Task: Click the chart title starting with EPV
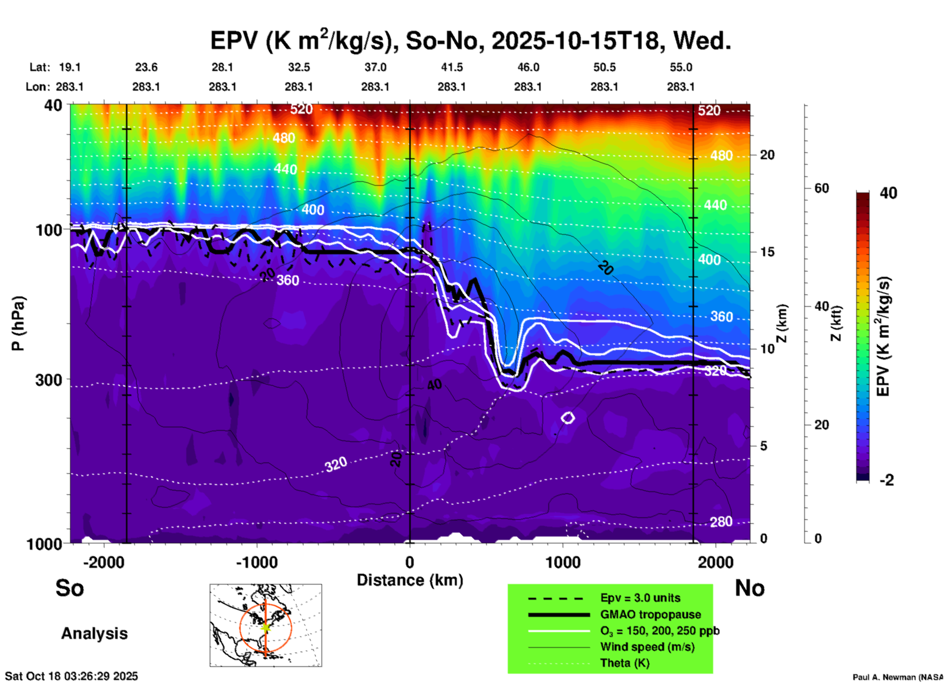[471, 41]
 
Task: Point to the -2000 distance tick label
[103, 562]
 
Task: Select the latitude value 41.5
[451, 67]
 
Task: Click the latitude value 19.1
[70, 67]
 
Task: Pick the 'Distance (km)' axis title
[410, 580]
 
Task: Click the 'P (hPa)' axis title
[18, 323]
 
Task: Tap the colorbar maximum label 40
[888, 193]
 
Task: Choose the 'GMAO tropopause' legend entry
[650, 614]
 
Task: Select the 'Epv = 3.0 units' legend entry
[640, 598]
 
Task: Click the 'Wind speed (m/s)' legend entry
[647, 647]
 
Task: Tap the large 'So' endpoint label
[70, 588]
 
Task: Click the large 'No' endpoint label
[749, 588]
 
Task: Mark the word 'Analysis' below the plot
[94, 634]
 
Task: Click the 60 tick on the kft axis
[821, 188]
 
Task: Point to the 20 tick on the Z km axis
[767, 155]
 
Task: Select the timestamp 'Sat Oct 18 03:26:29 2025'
[72, 676]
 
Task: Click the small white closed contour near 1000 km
[568, 417]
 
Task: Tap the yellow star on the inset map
[266, 627]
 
